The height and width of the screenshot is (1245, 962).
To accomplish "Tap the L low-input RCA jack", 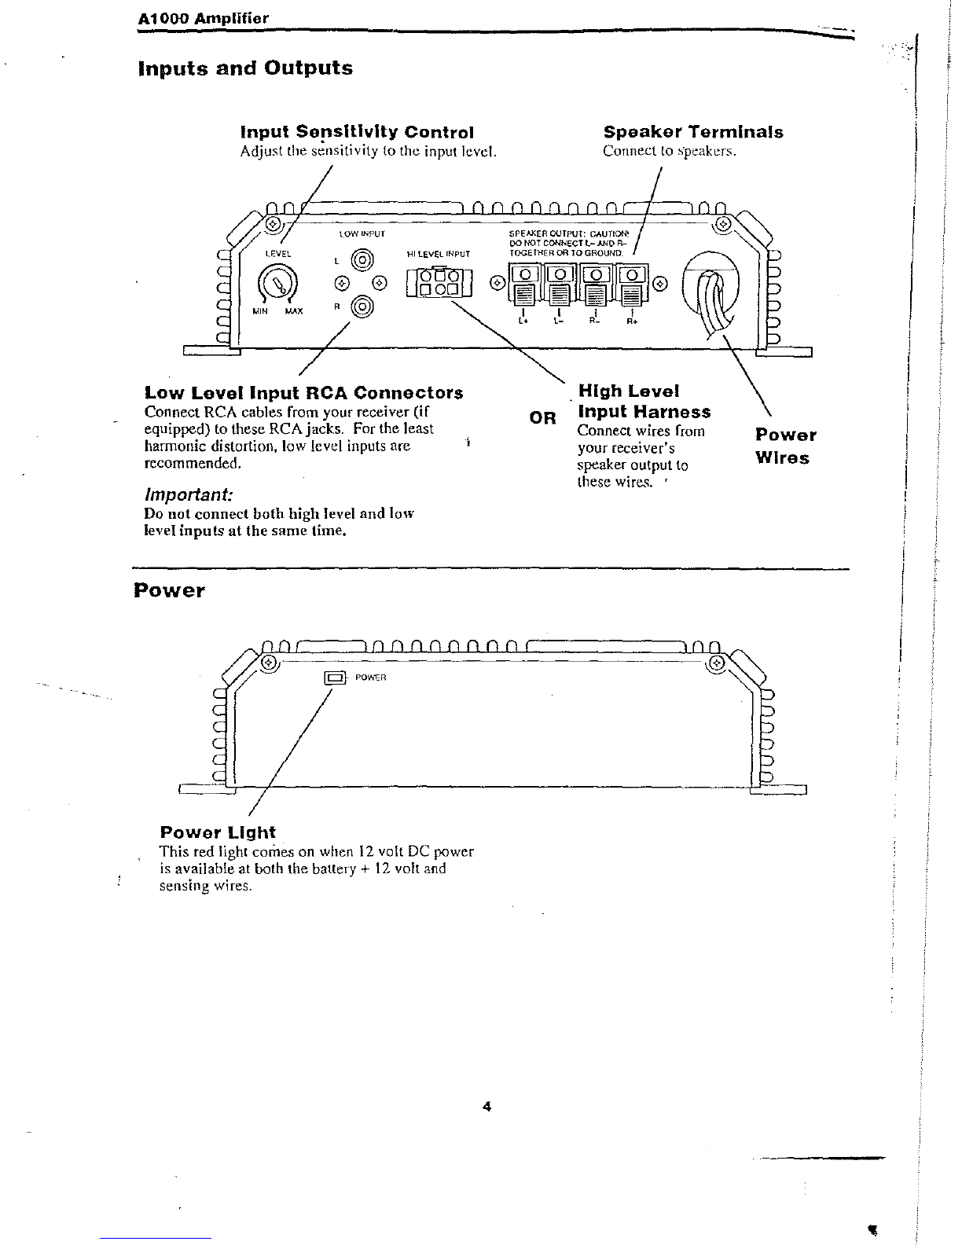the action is (362, 261).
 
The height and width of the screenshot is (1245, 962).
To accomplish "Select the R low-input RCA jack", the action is (362, 307).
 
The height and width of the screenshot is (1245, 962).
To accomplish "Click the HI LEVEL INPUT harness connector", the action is (439, 282).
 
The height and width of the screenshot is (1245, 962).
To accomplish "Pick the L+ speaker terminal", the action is (523, 285).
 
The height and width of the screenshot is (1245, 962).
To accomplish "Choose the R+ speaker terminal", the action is (632, 285).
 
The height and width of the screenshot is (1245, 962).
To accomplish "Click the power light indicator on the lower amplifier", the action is (335, 678).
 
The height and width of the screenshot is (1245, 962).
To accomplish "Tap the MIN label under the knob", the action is (260, 311).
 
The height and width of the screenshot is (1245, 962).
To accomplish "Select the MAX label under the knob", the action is (294, 311).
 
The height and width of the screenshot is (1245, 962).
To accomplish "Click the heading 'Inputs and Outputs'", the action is (245, 68).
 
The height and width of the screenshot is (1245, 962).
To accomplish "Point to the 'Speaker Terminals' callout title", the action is (693, 132).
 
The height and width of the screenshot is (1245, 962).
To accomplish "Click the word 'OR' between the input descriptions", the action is (542, 418).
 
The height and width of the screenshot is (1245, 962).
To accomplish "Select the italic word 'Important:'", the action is (189, 494).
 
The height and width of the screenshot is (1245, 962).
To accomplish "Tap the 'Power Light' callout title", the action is (218, 832).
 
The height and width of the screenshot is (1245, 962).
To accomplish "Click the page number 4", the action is (487, 1107).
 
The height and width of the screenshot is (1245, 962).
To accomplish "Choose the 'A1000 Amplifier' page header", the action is (204, 18).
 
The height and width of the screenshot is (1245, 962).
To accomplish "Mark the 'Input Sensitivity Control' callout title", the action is (357, 132).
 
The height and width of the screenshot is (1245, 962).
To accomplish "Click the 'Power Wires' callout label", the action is (785, 446).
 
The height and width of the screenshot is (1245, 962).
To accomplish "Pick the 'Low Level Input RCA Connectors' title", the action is (303, 393).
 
